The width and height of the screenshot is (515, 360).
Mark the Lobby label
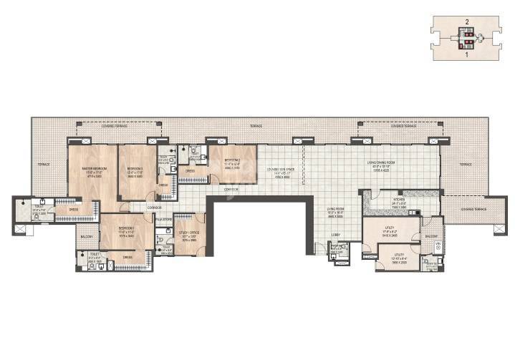click(x=334, y=234)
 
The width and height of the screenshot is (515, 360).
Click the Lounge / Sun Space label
click(x=281, y=169)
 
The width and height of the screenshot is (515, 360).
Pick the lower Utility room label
click(x=399, y=254)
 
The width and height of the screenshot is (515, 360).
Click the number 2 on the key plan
click(x=467, y=22)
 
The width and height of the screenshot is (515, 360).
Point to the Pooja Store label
click(x=165, y=218)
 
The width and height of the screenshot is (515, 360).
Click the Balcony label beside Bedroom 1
click(x=86, y=236)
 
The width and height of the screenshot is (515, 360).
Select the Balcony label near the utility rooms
click(x=432, y=235)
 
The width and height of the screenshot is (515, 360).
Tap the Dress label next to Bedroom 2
click(x=190, y=171)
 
